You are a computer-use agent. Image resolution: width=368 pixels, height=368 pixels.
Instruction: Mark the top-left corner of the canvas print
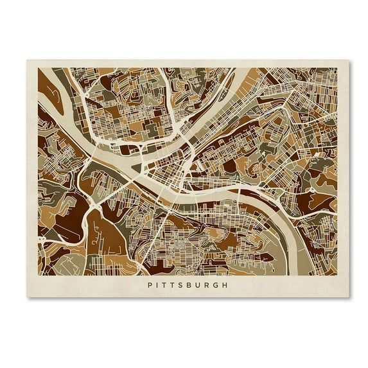point(28,61)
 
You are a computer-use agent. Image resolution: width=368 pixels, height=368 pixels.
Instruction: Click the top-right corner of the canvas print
point(349,61)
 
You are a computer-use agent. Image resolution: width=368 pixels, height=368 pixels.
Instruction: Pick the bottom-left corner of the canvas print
point(28,297)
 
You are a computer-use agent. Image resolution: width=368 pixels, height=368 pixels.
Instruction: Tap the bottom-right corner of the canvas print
point(349,297)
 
